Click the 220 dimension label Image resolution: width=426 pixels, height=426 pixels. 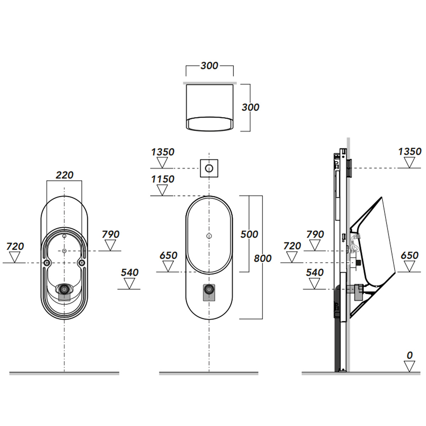(x=65, y=175)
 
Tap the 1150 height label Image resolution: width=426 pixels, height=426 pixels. (x=163, y=179)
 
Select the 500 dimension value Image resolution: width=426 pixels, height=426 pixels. (x=249, y=234)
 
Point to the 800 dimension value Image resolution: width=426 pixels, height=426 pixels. (x=263, y=258)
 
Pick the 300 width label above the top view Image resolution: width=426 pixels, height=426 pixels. (x=209, y=66)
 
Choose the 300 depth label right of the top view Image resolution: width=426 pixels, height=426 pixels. (x=250, y=108)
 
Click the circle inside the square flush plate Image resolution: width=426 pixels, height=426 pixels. (x=209, y=169)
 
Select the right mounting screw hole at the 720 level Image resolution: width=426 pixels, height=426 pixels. (x=82, y=263)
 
